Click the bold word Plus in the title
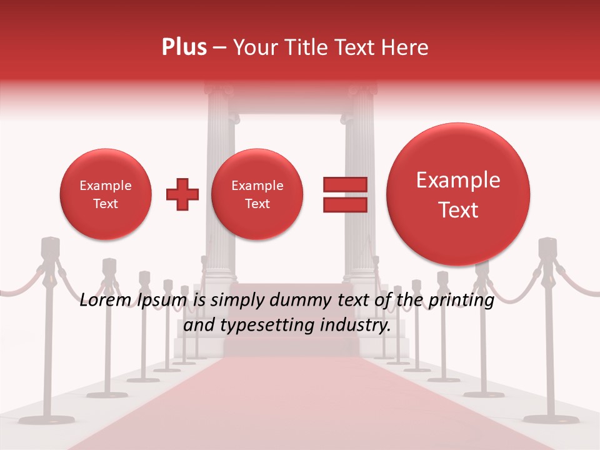point(184,47)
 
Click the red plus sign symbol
point(182,194)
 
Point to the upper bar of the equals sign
point(345,184)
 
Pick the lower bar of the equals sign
point(345,205)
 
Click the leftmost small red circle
point(106,194)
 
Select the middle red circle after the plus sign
point(257,194)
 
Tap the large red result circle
point(458,194)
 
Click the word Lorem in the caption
point(105,301)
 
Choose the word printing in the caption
point(461,301)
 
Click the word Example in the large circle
point(458,181)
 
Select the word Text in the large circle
point(458,211)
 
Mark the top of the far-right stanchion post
point(547,246)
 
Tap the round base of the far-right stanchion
point(551,418)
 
